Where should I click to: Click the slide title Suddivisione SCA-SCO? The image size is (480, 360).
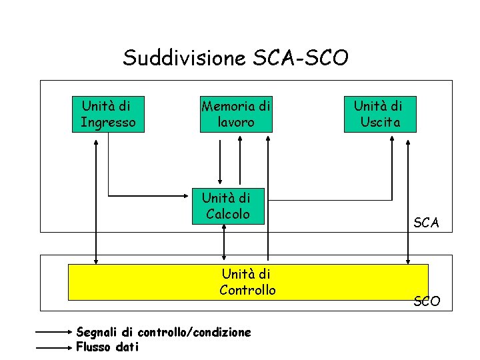click(235, 58)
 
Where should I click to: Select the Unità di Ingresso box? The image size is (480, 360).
click(107, 114)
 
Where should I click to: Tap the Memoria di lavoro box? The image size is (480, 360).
click(236, 114)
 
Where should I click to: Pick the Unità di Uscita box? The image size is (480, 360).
click(379, 114)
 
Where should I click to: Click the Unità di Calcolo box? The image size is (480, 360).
click(227, 205)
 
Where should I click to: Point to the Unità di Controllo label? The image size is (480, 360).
click(247, 282)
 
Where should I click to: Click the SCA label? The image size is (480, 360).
click(426, 223)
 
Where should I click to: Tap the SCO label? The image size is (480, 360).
click(427, 301)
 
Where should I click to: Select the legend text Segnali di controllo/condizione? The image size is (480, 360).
click(163, 331)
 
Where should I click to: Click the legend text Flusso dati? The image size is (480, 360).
click(107, 346)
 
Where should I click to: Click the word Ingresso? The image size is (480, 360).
click(108, 122)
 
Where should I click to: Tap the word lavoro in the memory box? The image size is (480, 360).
click(236, 123)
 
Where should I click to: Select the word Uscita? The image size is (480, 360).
click(380, 122)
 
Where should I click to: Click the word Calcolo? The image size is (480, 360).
click(228, 214)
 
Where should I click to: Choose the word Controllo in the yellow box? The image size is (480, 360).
click(247, 290)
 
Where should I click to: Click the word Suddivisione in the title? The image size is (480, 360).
click(185, 58)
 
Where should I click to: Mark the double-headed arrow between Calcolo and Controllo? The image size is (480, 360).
click(225, 243)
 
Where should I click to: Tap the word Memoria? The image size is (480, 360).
click(227, 106)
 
